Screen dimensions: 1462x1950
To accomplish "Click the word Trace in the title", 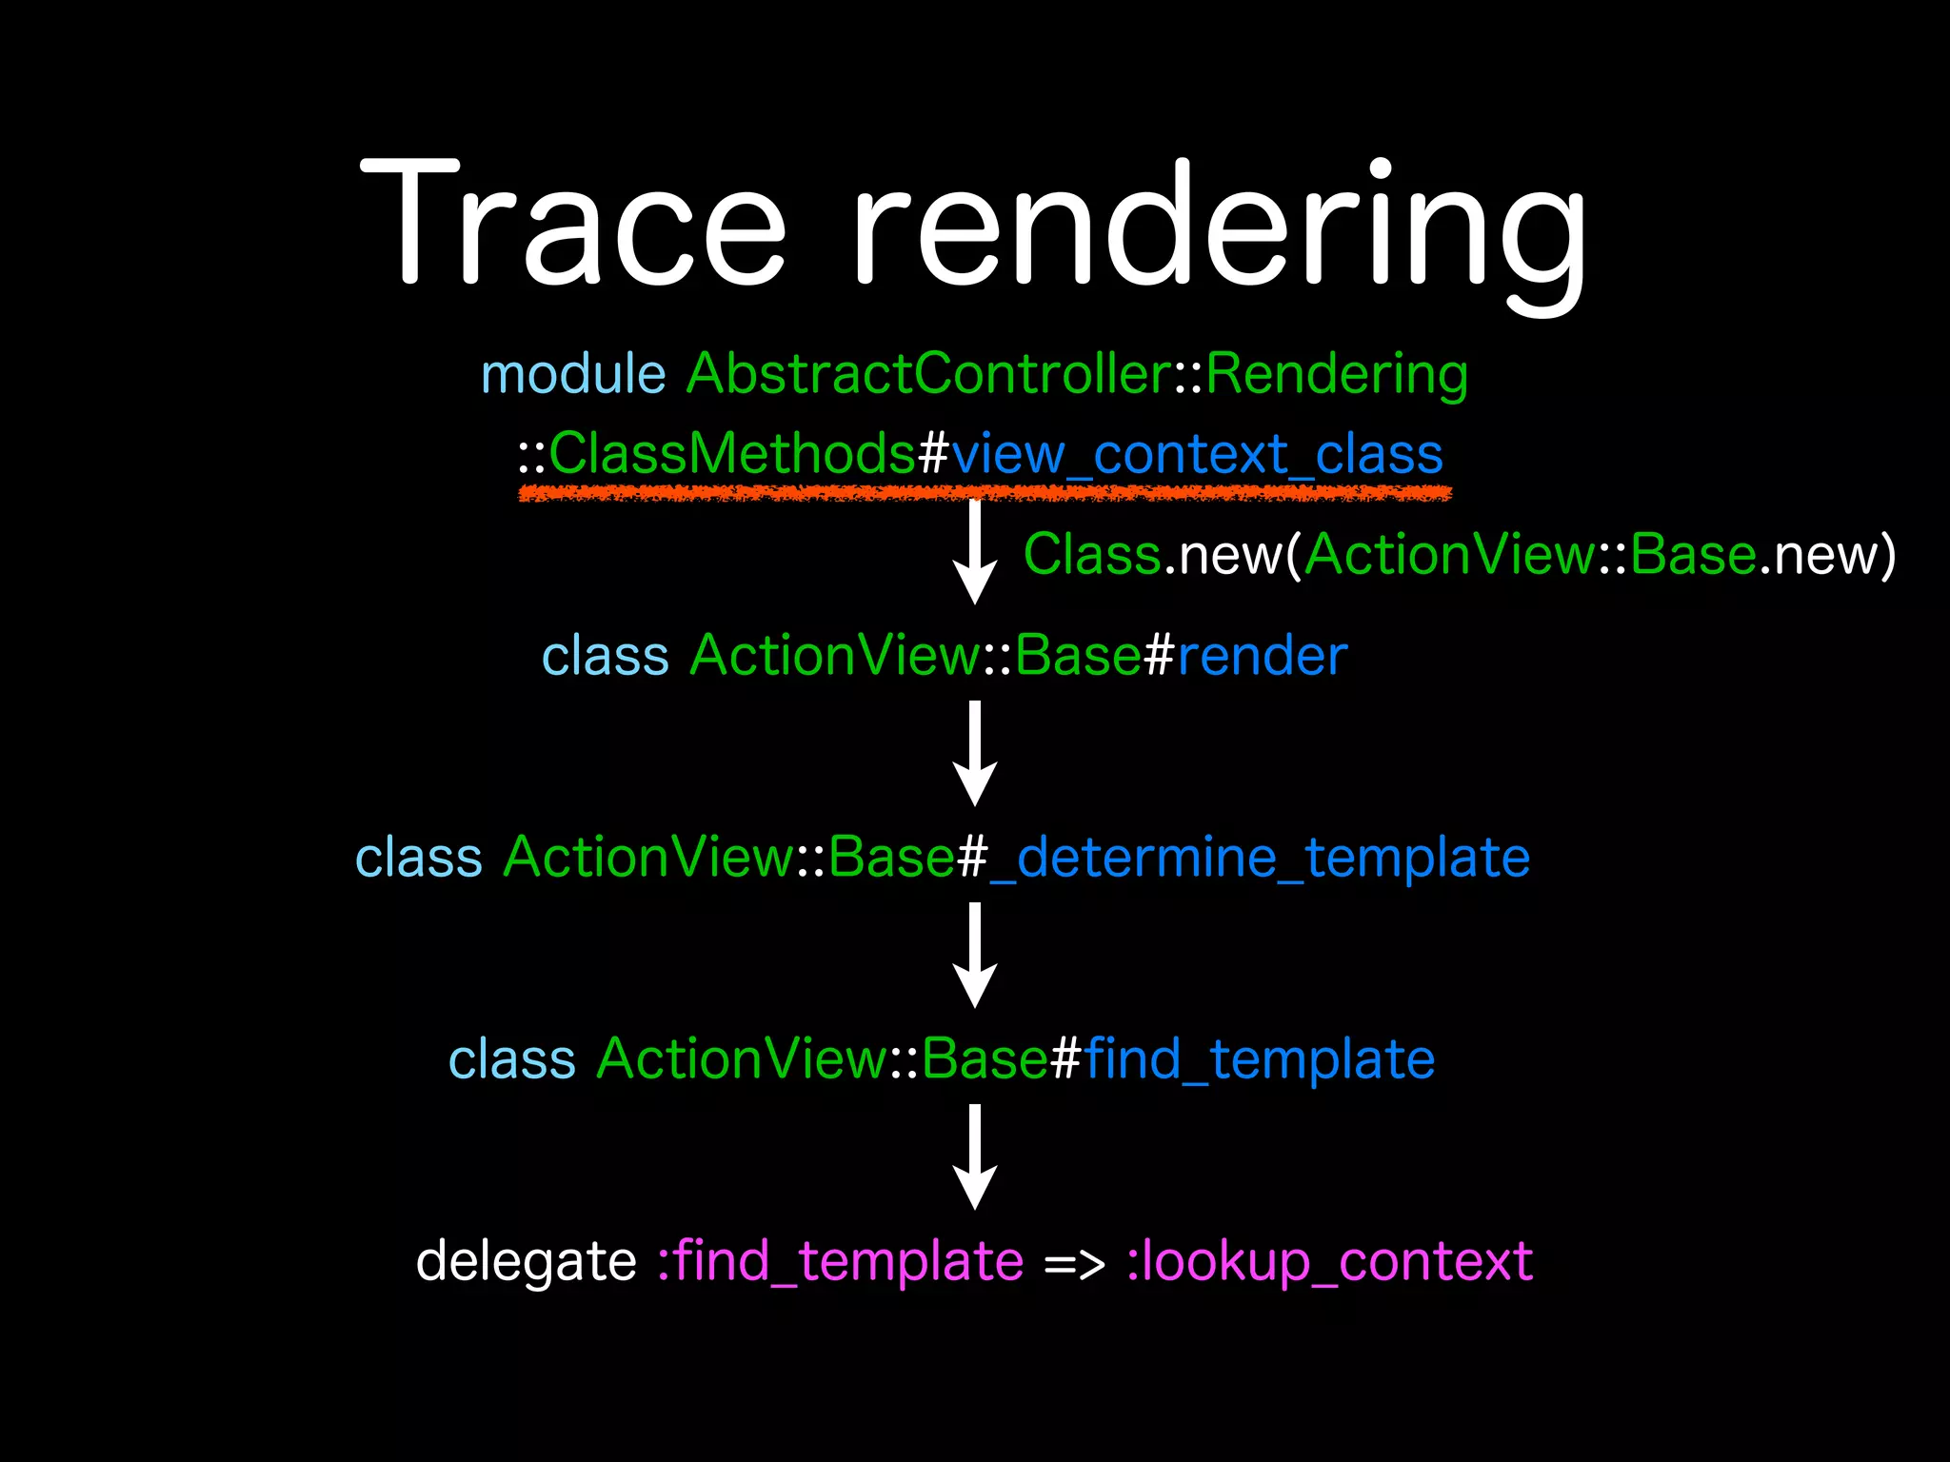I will click(573, 224).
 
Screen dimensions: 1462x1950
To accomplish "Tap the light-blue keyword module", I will click(573, 373).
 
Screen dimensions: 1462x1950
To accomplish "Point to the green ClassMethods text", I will click(731, 453).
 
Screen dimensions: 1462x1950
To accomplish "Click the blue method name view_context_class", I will click(1197, 455).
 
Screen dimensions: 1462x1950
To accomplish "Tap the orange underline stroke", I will click(985, 492).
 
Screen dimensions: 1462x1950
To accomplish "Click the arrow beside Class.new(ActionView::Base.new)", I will click(975, 552).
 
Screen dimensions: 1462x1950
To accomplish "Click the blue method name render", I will click(1263, 656).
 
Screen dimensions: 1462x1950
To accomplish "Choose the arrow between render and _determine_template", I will click(975, 753).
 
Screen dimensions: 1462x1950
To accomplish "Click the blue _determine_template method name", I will click(1260, 858).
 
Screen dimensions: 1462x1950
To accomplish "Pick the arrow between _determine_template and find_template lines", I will click(975, 955).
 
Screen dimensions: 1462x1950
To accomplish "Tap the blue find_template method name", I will click(1260, 1059).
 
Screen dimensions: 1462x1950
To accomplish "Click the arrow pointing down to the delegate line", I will click(975, 1156).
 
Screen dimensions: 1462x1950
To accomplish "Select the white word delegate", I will click(526, 1262).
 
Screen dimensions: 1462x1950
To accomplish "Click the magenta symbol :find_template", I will click(841, 1262).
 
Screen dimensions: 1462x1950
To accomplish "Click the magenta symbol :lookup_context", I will click(1329, 1262).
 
